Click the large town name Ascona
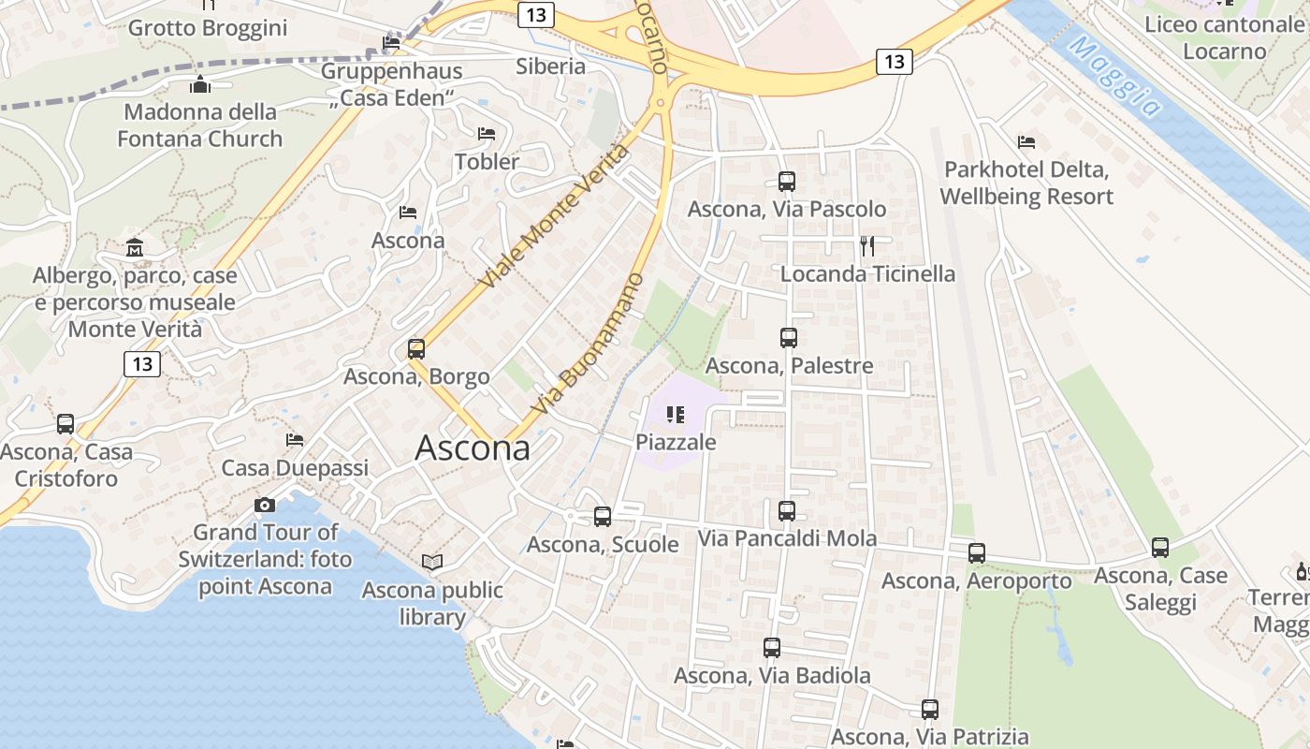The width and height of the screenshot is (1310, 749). (x=473, y=448)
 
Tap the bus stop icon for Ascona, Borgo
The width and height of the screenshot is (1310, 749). (x=416, y=349)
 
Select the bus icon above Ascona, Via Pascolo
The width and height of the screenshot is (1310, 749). (x=787, y=182)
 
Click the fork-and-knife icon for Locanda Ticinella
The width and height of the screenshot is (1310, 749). (x=867, y=246)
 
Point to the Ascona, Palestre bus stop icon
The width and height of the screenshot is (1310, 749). (x=789, y=338)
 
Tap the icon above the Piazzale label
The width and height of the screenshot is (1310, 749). (x=676, y=414)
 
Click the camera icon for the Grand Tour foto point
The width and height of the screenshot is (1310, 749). (x=265, y=506)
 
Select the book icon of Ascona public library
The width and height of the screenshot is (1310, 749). (x=431, y=562)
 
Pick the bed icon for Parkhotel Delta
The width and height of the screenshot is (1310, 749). (x=1026, y=142)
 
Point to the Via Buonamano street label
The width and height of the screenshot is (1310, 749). (x=589, y=344)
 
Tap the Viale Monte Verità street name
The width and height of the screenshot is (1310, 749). (x=554, y=216)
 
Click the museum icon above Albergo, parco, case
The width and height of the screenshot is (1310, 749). (x=135, y=248)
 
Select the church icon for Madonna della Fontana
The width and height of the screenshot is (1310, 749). (x=200, y=85)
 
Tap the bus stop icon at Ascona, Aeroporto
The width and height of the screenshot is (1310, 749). (x=977, y=553)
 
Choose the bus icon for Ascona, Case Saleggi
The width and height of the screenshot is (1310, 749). (x=1160, y=548)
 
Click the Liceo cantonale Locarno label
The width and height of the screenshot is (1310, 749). (x=1224, y=37)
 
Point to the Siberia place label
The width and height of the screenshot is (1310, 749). (x=551, y=66)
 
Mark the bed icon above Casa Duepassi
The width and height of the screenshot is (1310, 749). (x=295, y=439)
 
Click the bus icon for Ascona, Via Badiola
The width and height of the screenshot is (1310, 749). (x=772, y=647)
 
